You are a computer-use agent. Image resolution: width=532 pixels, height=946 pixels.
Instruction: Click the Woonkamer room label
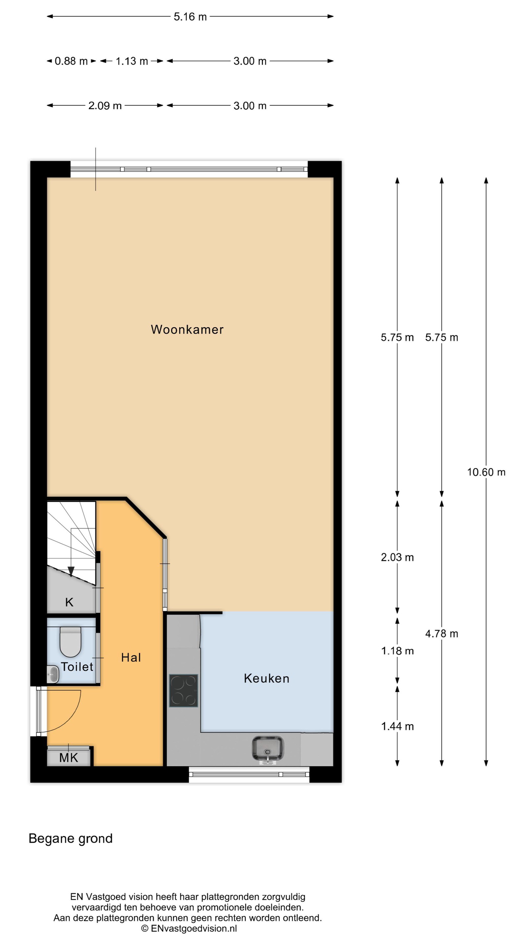(x=187, y=329)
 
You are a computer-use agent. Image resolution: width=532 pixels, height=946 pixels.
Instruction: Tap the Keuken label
(x=267, y=678)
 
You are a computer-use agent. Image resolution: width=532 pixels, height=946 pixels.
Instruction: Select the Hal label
(x=131, y=657)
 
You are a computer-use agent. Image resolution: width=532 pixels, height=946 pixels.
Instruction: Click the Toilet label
(x=77, y=666)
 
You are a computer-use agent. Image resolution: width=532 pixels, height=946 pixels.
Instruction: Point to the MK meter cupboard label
(x=69, y=757)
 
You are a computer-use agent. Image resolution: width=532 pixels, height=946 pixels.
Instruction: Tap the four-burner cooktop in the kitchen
(x=183, y=691)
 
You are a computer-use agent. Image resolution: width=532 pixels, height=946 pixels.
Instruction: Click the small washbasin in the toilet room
(x=53, y=674)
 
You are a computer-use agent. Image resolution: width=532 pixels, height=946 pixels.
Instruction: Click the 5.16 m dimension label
(x=190, y=16)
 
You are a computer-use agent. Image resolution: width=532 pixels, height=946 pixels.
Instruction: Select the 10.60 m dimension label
(x=486, y=472)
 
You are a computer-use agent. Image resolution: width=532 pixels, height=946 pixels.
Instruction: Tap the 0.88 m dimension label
(x=71, y=61)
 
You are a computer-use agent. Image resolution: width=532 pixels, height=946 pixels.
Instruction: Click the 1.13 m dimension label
(x=132, y=61)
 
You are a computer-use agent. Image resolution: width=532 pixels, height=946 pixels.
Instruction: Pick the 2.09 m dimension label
(x=105, y=106)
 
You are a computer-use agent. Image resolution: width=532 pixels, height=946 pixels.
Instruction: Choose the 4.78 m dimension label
(x=442, y=634)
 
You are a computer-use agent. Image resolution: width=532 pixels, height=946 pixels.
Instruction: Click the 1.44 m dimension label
(x=397, y=726)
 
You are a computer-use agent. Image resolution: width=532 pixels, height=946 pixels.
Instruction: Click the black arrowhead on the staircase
(x=71, y=572)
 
